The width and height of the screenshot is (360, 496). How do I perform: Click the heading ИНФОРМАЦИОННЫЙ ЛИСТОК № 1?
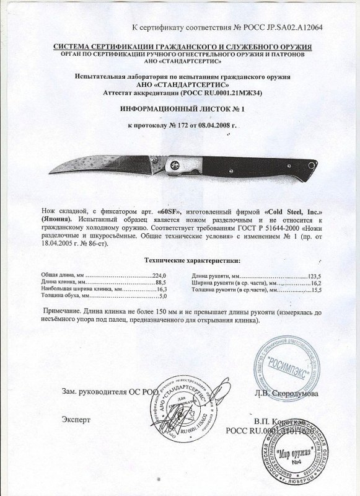point(183,108)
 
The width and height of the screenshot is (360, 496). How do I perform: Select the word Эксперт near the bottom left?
point(76,420)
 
